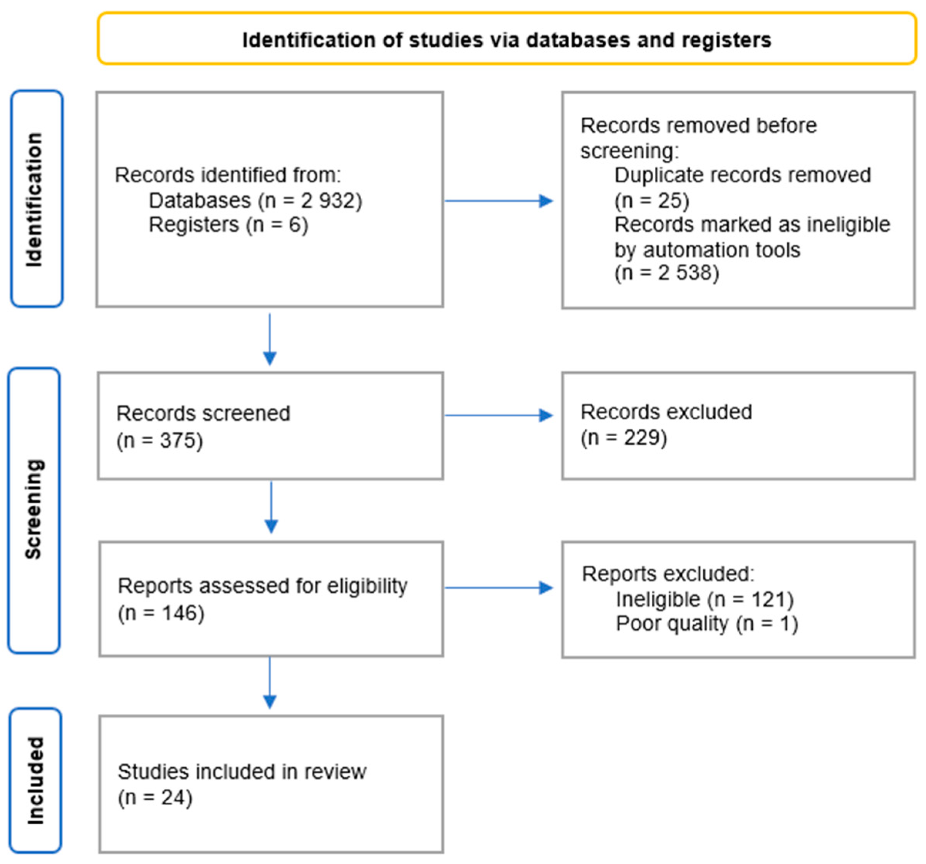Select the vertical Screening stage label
(34, 509)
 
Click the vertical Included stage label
(35, 780)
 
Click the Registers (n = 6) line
(228, 225)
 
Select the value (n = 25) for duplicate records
(651, 201)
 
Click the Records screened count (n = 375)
(159, 440)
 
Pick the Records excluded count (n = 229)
(623, 438)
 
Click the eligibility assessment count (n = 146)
(161, 613)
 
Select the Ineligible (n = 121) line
(704, 599)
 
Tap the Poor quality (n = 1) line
(706, 624)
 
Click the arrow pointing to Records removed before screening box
(498, 201)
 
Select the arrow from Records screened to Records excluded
(498, 415)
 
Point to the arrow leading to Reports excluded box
(498, 588)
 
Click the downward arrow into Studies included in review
(270, 683)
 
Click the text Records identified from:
(228, 176)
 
